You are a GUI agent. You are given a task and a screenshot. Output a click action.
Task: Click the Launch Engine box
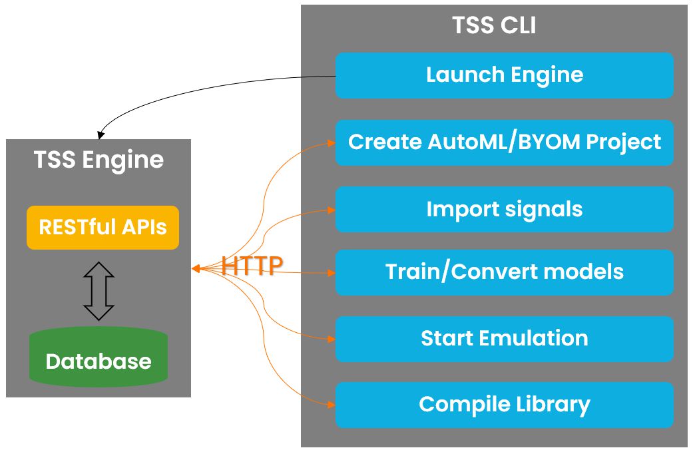504,75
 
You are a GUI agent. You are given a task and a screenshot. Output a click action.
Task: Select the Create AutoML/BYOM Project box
504,142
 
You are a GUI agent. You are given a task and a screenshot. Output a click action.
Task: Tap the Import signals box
504,209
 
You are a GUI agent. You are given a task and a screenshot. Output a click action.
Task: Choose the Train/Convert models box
504,272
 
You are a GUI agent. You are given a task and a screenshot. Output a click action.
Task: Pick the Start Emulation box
504,338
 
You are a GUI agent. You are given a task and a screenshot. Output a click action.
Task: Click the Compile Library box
504,405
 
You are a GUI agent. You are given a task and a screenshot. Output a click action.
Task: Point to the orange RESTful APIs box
103,228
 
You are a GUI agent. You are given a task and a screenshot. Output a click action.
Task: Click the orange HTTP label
252,266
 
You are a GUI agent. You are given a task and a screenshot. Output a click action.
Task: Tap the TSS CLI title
494,25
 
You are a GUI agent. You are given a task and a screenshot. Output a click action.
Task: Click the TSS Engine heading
99,160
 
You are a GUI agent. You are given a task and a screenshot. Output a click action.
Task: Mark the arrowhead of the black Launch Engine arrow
101,135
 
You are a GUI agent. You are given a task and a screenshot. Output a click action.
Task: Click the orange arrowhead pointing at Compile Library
331,404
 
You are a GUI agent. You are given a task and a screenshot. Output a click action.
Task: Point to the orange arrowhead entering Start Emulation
331,339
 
